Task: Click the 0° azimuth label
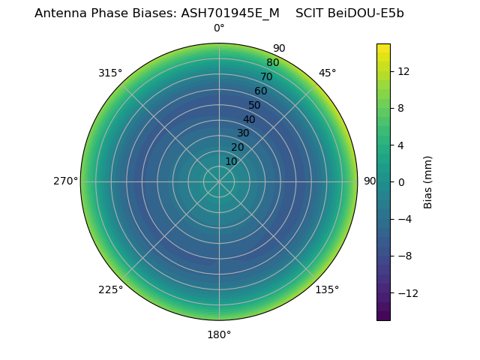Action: [x=219, y=28]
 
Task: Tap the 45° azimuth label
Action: [x=327, y=73]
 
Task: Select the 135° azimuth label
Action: [x=327, y=289]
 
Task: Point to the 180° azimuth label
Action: [x=219, y=334]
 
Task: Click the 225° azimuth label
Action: [x=110, y=289]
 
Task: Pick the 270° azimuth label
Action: [x=65, y=181]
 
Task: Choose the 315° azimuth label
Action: [x=110, y=73]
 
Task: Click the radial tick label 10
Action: [x=231, y=161]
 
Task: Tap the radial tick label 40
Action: [x=249, y=119]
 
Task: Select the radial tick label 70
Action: [x=266, y=76]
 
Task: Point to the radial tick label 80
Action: [x=272, y=62]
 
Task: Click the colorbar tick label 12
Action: [x=403, y=71]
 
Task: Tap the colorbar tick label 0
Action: [x=401, y=181]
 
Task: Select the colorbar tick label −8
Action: [x=403, y=256]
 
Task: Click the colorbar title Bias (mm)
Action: [x=428, y=181]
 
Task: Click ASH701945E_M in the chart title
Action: [x=230, y=13]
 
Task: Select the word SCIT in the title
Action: [x=309, y=13]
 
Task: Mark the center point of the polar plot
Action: [x=219, y=181]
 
